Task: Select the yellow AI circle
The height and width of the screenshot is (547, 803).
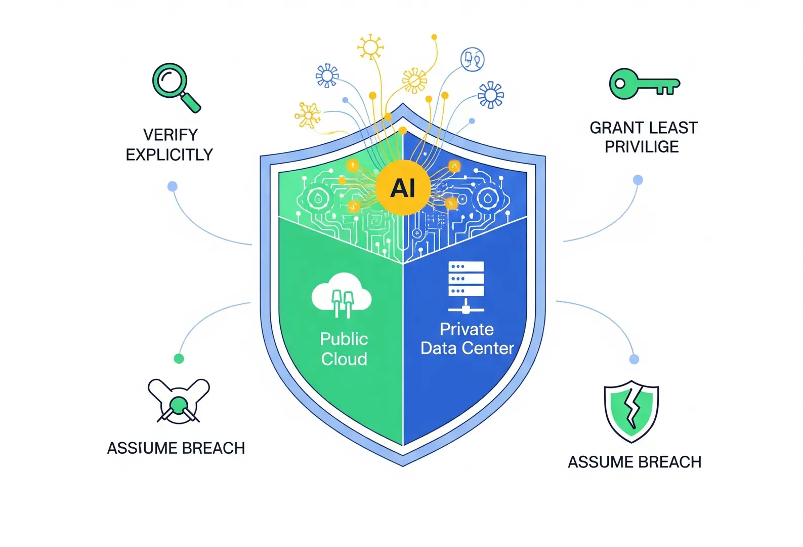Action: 403,188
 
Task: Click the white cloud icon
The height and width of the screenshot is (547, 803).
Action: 342,294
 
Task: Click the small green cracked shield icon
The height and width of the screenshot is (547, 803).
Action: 631,411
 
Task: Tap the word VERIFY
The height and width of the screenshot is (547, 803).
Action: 171,135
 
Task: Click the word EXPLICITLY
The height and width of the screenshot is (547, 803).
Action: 170,154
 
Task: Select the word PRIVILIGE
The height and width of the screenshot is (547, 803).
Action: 642,147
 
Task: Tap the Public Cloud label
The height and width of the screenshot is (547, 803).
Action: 344,349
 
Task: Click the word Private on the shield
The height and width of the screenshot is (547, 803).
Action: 467,329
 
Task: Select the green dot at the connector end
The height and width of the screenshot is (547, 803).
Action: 179,359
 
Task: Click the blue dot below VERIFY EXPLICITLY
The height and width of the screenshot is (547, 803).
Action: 173,186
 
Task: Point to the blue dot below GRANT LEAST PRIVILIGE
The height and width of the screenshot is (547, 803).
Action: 638,180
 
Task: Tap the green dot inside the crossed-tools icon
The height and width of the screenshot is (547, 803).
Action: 178,404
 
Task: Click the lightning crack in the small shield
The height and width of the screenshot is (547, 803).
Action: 631,408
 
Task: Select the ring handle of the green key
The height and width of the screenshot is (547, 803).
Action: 621,84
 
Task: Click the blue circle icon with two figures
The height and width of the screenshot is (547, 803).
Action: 472,59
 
